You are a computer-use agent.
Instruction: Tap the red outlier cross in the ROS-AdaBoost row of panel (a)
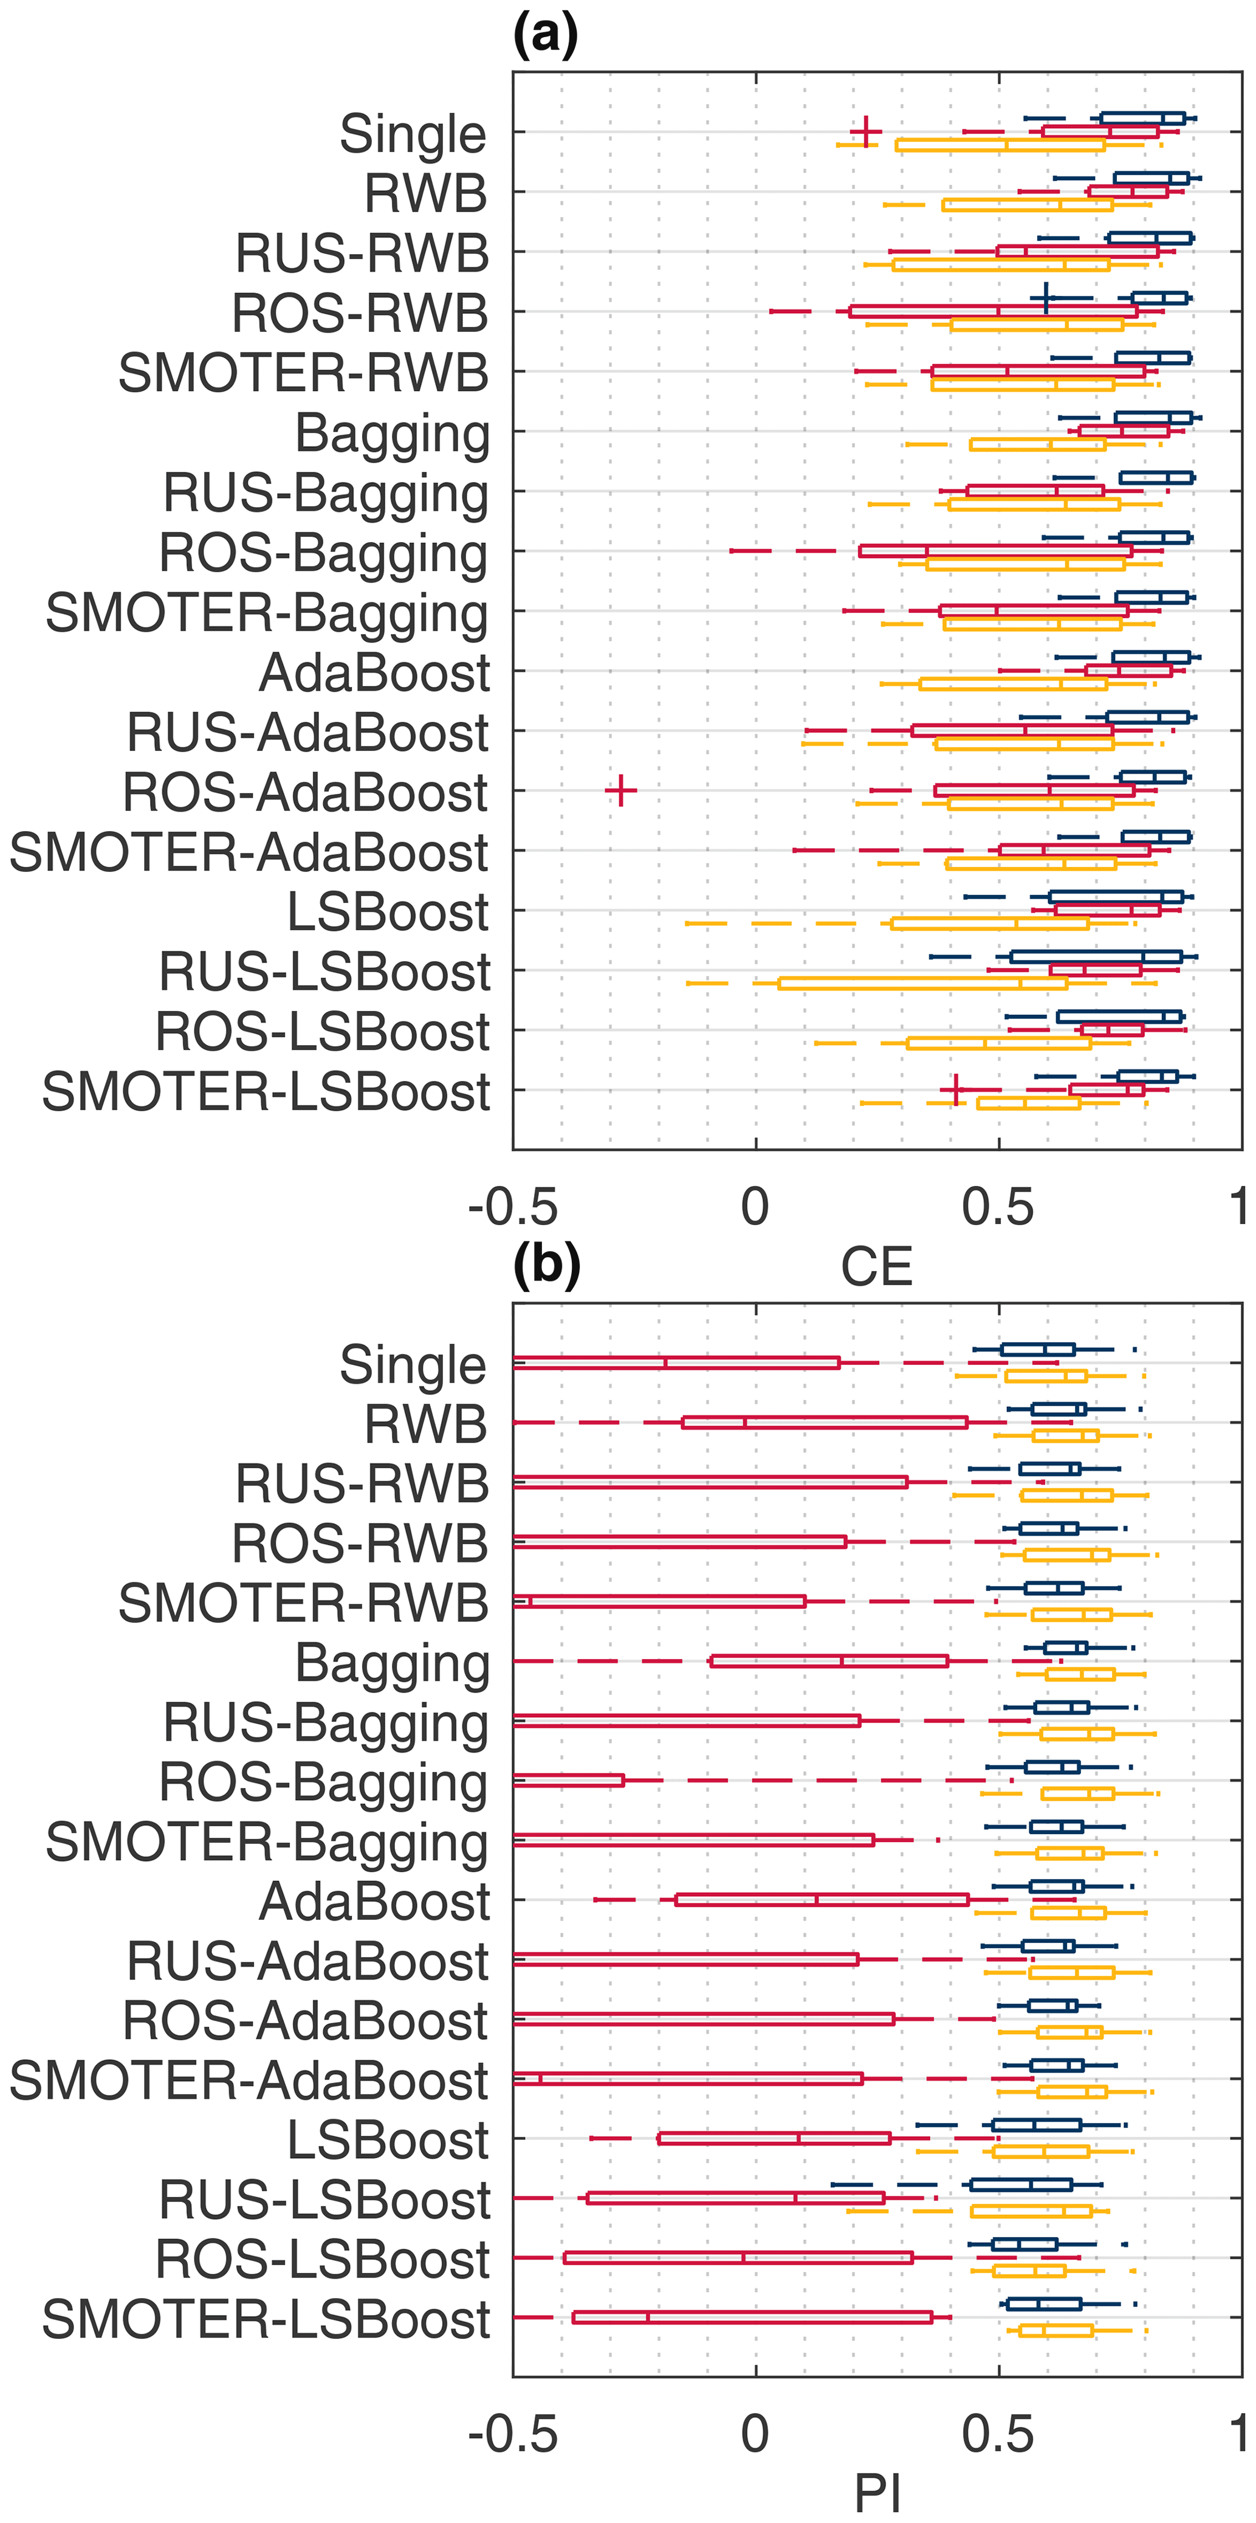620,790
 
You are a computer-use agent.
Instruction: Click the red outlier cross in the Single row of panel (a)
865,131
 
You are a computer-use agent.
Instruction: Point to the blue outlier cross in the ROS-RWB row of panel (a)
1046,298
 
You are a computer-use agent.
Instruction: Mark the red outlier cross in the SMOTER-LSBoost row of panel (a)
955,1089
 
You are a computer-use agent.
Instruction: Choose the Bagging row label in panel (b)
391,1663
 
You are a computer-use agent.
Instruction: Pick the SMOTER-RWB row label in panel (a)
303,373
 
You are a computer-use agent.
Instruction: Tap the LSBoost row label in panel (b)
388,2140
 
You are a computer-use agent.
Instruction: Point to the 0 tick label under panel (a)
755,1207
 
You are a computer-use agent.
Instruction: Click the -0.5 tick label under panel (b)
513,2435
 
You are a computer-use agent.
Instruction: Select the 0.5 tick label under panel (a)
998,1207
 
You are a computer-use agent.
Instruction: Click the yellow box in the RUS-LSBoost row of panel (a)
922,983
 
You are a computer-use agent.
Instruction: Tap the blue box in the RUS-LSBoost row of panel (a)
1096,957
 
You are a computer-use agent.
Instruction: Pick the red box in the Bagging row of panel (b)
829,1661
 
